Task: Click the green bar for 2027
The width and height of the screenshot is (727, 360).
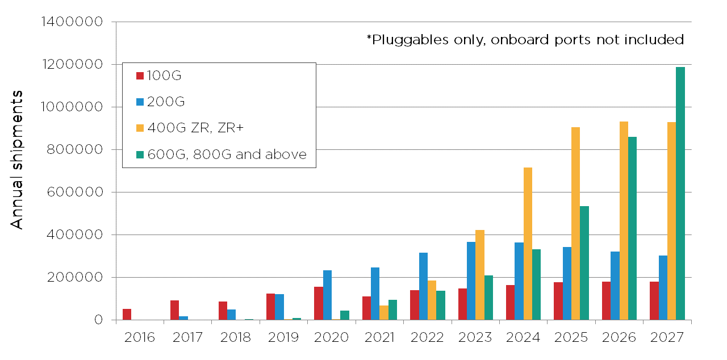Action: click(x=680, y=194)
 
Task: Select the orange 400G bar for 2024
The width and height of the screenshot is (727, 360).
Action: click(x=528, y=244)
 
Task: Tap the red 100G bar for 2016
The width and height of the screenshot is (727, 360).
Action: click(x=127, y=314)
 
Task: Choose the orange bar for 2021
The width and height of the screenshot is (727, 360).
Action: click(x=384, y=312)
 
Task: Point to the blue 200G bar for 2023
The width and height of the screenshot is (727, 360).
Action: click(x=471, y=281)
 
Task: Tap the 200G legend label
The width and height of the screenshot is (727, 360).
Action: click(x=166, y=102)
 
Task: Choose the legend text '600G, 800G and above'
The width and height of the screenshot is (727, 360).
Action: click(x=227, y=155)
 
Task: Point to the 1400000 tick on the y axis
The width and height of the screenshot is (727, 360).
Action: click(x=72, y=22)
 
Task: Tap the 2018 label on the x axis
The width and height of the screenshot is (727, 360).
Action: click(x=235, y=337)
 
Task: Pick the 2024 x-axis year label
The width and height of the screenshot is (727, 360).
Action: click(x=523, y=337)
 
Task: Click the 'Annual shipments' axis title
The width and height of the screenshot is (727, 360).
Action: click(x=18, y=160)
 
